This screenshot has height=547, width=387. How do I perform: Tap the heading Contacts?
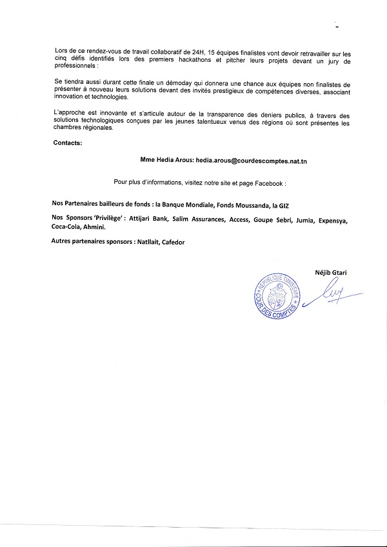(68, 143)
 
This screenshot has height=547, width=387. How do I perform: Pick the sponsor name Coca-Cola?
(66, 228)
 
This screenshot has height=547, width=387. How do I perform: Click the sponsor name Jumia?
(304, 220)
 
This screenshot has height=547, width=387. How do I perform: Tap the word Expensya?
(334, 220)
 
